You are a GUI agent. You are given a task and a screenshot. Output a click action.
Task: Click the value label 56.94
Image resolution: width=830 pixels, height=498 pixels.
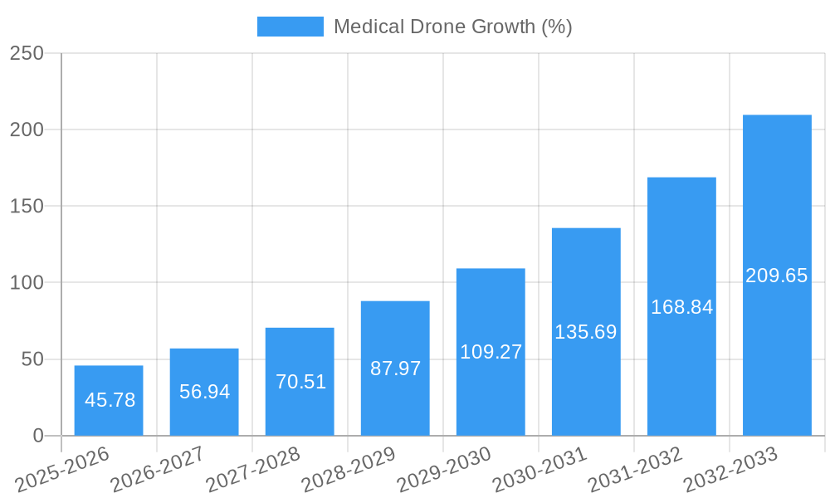click(204, 392)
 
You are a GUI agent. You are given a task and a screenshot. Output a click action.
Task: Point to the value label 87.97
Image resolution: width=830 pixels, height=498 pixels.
click(395, 369)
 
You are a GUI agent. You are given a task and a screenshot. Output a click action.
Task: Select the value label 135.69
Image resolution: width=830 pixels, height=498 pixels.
click(586, 332)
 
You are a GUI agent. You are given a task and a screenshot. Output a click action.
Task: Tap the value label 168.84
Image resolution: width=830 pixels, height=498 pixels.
click(681, 307)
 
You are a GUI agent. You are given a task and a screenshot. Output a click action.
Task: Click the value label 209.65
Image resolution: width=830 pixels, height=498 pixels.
click(777, 276)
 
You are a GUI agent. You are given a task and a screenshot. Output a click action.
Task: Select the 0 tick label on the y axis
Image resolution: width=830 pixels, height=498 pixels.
click(37, 436)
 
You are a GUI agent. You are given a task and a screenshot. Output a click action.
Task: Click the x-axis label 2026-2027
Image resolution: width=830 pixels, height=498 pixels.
click(158, 470)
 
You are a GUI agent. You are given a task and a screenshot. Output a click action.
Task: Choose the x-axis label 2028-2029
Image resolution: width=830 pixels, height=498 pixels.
click(349, 470)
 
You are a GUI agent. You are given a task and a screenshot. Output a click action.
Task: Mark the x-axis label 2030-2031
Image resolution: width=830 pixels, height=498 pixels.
click(539, 470)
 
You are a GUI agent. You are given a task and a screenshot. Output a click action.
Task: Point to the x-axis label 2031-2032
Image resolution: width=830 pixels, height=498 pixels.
click(635, 470)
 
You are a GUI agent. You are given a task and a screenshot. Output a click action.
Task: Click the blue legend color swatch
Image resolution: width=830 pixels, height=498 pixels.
click(290, 27)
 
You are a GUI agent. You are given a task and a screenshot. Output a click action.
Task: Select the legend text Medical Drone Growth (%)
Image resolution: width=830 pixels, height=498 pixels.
click(452, 27)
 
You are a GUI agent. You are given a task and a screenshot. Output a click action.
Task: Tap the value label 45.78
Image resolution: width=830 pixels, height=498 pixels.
click(110, 400)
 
